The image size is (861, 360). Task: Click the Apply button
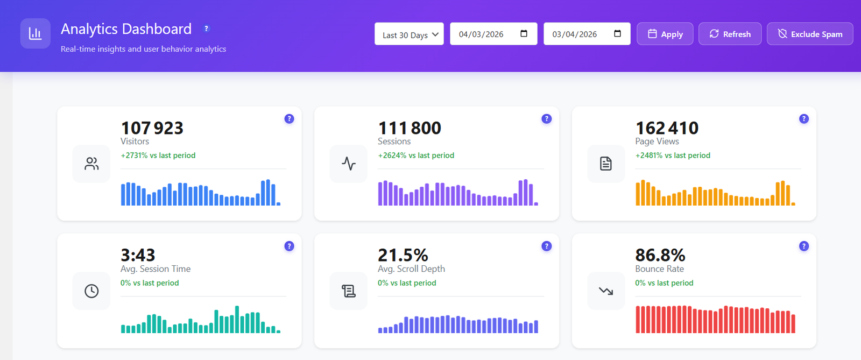[665, 34]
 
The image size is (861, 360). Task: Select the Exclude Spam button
[809, 34]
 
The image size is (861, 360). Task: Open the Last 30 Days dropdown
[409, 34]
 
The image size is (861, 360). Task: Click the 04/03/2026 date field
[481, 34]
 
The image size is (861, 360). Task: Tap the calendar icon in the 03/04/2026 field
[617, 33]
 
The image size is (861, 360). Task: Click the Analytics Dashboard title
[126, 29]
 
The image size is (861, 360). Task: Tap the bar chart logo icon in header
[36, 33]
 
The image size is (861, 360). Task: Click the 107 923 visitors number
[152, 128]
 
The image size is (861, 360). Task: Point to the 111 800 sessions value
[409, 128]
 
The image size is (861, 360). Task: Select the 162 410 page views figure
[667, 128]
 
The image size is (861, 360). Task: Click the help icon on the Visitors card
[289, 119]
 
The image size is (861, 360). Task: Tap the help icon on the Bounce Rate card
[803, 246]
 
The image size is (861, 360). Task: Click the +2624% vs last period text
[415, 156]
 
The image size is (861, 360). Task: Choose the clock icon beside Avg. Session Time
[91, 291]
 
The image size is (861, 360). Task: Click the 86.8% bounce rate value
[660, 255]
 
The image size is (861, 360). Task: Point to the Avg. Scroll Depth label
[411, 269]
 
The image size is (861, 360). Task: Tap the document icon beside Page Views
[606, 164]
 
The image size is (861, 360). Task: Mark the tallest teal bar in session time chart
[237, 320]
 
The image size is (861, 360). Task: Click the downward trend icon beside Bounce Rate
[606, 291]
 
